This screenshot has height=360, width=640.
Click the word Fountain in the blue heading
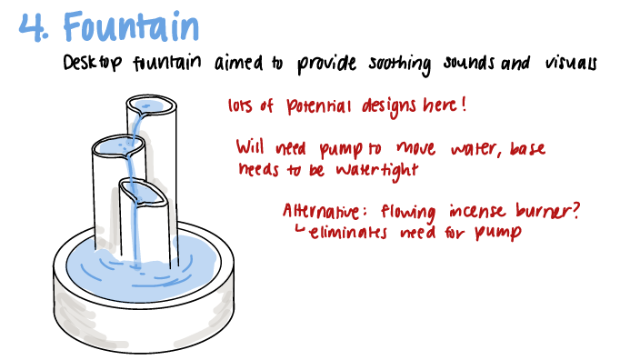132,26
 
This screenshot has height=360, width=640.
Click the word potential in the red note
311,106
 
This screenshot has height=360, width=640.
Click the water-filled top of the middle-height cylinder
113,146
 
